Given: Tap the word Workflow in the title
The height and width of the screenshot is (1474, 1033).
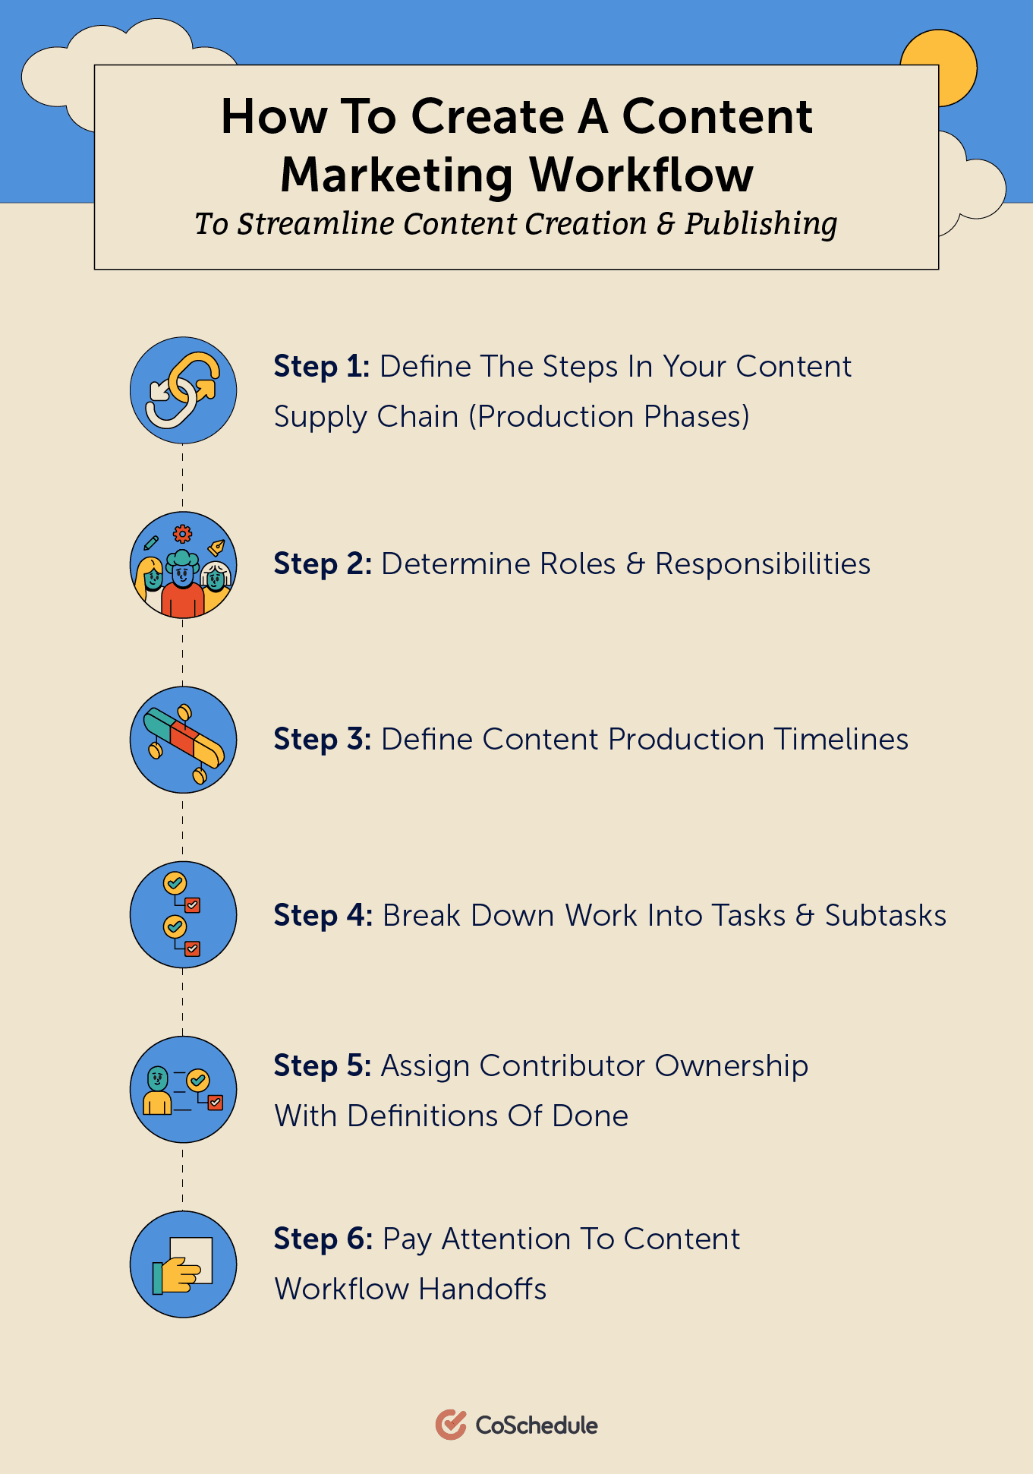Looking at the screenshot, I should (x=641, y=175).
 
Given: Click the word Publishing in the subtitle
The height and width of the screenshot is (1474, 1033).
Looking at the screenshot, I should (x=761, y=225).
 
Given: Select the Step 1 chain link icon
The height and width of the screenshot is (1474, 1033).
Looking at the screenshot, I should (x=183, y=390).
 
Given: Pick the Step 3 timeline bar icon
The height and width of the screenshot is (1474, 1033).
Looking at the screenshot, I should (x=183, y=740).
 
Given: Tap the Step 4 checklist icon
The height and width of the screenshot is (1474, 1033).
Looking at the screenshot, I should (x=183, y=914).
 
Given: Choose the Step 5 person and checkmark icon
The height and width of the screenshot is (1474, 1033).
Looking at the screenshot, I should (x=183, y=1089).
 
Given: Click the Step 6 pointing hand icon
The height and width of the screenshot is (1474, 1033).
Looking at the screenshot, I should (x=183, y=1264).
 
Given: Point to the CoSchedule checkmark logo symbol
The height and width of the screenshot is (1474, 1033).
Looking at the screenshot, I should (x=451, y=1425).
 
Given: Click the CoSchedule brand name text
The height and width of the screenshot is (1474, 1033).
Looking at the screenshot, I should (x=537, y=1425).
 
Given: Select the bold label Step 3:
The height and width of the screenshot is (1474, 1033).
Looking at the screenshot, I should (x=323, y=740).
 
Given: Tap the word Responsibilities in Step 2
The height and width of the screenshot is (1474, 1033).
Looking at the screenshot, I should (x=763, y=564).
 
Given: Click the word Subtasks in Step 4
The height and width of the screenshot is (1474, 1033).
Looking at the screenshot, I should (x=886, y=916).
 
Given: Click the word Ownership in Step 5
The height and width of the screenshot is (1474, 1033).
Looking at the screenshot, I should (x=731, y=1066).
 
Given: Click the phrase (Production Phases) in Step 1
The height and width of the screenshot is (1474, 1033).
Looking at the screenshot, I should (x=609, y=417).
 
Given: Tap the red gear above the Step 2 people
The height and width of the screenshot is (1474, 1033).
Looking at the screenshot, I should (x=183, y=533).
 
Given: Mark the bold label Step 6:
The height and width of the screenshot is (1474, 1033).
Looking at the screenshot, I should (x=323, y=1239).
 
